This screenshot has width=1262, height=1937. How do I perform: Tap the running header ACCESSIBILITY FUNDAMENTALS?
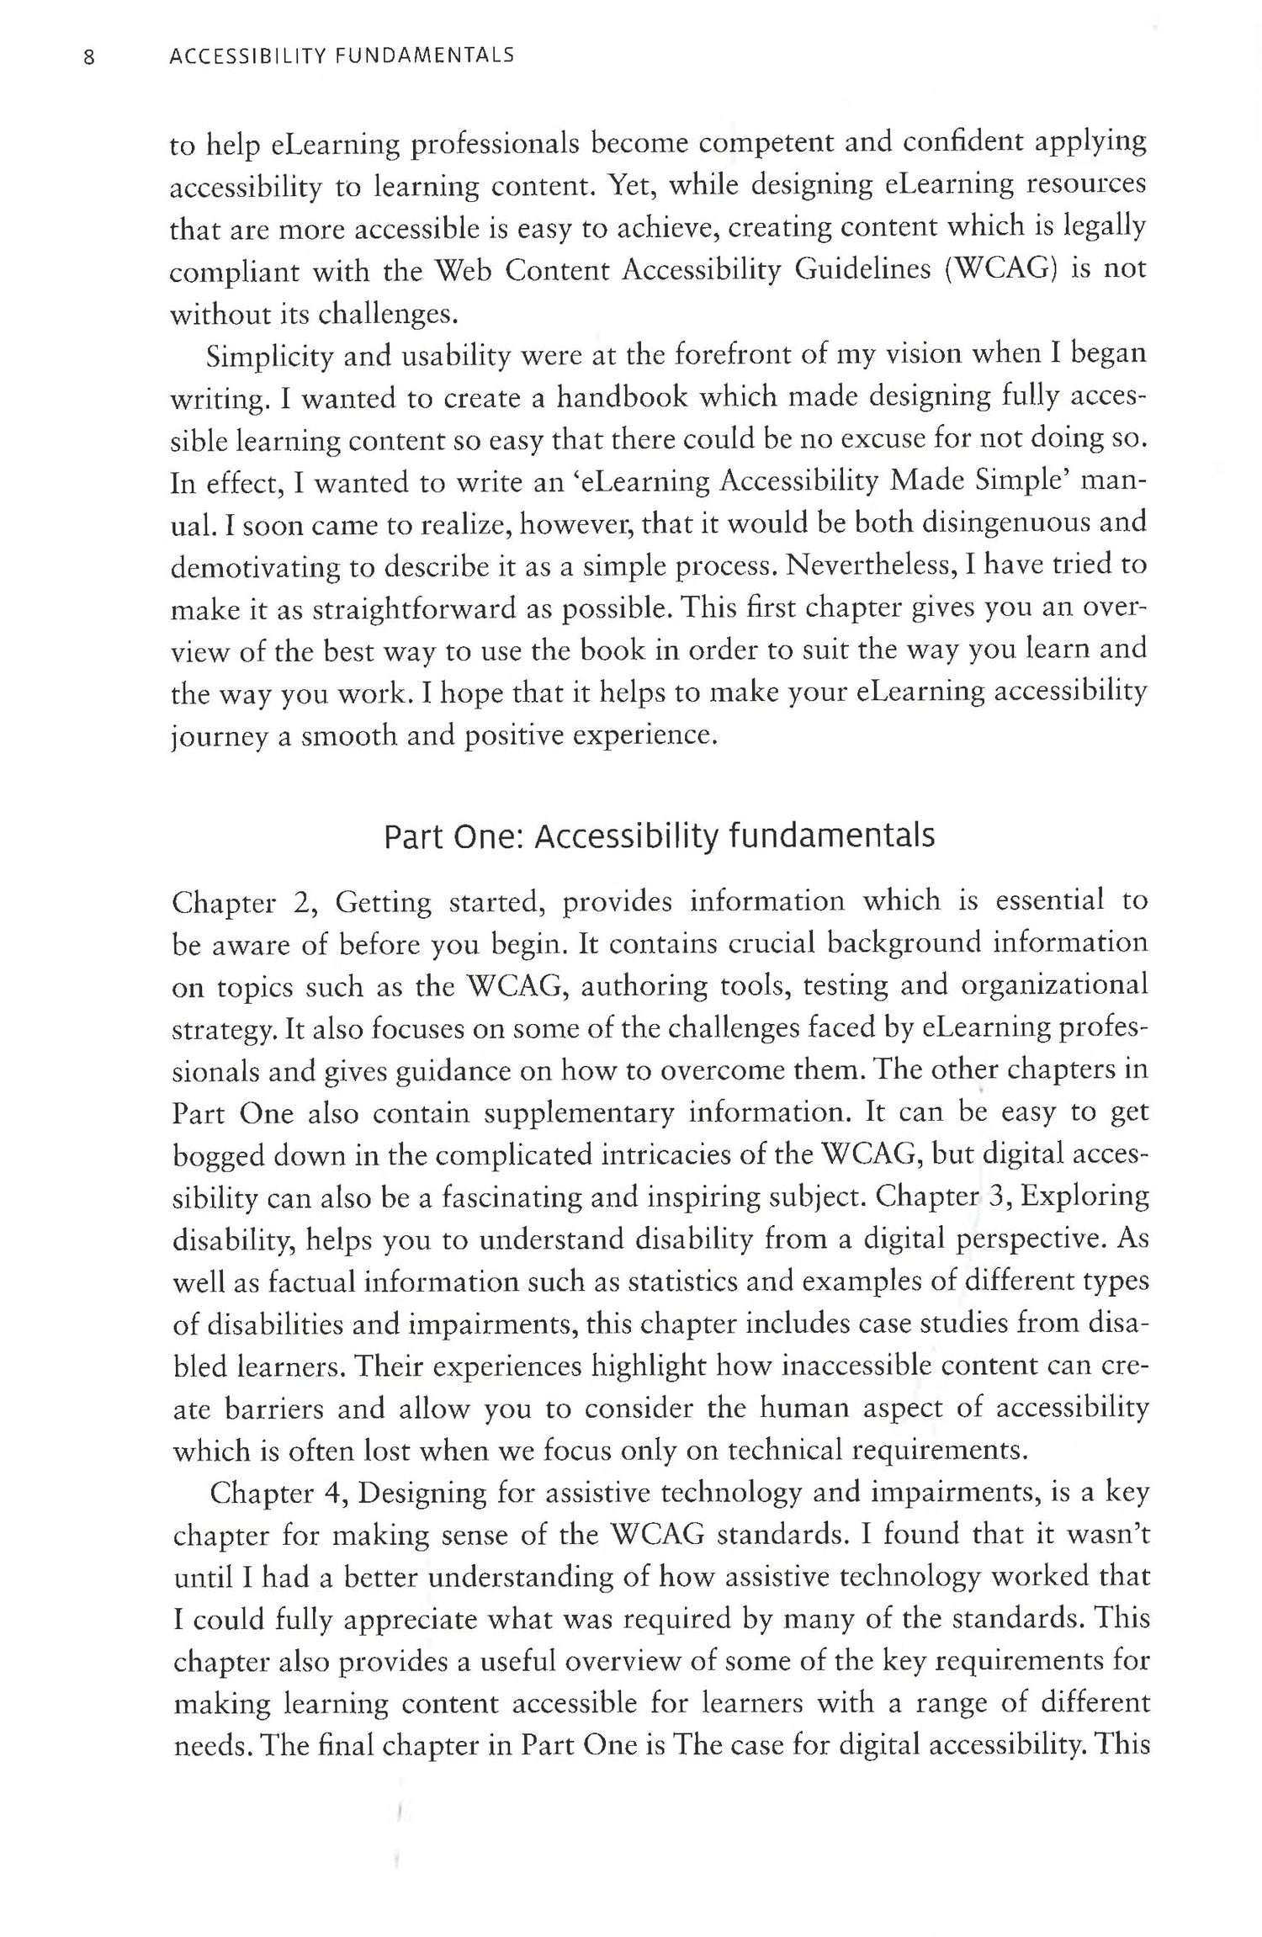click(342, 56)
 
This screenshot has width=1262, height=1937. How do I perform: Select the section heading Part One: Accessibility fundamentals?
click(659, 837)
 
